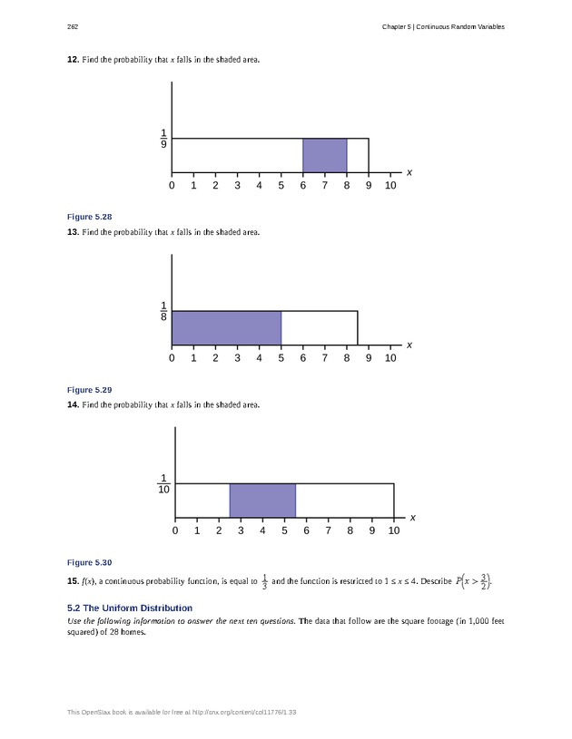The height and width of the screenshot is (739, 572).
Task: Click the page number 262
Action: [73, 26]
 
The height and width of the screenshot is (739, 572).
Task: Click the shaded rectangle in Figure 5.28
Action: [324, 155]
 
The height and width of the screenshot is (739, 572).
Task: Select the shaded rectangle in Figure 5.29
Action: [226, 328]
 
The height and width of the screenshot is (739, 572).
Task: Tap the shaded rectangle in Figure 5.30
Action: [262, 501]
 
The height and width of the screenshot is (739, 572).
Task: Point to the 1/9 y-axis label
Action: [163, 139]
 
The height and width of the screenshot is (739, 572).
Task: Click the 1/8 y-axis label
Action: [163, 311]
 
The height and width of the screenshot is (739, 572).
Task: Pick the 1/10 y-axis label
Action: [163, 484]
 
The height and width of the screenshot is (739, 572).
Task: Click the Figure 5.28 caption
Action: [90, 217]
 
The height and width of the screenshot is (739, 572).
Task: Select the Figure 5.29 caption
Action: [90, 390]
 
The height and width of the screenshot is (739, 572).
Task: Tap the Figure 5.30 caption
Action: [90, 562]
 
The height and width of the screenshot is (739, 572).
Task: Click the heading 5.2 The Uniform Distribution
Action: [130, 608]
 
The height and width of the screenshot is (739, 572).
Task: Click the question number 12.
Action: [73, 60]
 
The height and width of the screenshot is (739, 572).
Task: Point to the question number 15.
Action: [73, 580]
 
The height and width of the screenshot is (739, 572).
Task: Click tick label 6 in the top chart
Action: [302, 186]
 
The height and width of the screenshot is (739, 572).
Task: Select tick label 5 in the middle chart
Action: [281, 358]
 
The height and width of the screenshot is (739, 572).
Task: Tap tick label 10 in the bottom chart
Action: [394, 530]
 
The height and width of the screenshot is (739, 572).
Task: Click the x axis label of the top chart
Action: [409, 172]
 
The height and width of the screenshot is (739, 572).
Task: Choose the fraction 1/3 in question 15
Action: [264, 581]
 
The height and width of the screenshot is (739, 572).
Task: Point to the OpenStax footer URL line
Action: [182, 712]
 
